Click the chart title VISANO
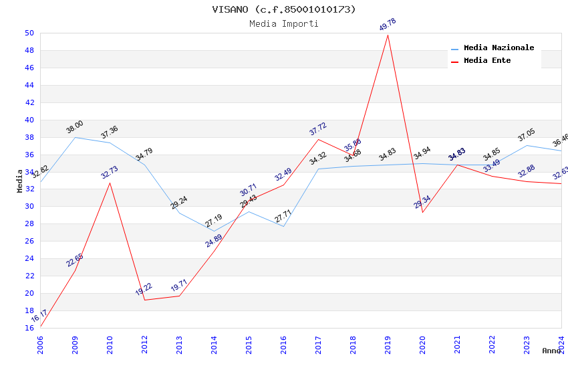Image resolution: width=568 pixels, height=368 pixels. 284,9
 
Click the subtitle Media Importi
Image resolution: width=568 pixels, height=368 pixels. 284,23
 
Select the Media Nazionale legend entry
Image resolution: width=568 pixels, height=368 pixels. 499,48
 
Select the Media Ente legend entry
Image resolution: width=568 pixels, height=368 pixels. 487,60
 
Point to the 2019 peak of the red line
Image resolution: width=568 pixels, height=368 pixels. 388,35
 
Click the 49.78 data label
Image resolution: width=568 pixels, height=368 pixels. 388,25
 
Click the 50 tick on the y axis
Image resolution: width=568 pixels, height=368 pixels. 29,33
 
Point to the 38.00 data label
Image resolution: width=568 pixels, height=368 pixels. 75,127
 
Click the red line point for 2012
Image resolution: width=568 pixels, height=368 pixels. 144,300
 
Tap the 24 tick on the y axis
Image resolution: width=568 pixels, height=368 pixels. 29,258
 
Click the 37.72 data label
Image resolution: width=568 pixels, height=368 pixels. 318,129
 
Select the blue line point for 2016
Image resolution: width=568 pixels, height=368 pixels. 283,226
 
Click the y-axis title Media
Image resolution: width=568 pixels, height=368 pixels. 20,181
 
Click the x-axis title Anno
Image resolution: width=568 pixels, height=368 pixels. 551,351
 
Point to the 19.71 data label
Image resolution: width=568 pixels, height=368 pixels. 179,286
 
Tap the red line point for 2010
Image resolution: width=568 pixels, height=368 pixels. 110,183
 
